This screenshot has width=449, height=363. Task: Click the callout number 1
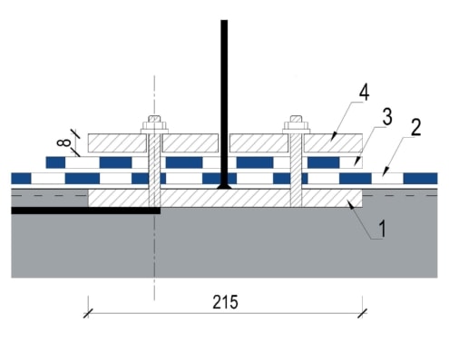pyautogui.click(x=383, y=229)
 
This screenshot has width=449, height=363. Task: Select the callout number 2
pyautogui.click(x=415, y=127)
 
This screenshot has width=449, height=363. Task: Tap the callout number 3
pyautogui.click(x=387, y=117)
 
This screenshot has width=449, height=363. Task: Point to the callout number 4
pyautogui.click(x=364, y=93)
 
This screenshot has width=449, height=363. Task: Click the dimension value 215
pyautogui.click(x=225, y=302)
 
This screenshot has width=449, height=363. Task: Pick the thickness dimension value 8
pyautogui.click(x=64, y=142)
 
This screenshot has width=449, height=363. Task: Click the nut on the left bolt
pyautogui.click(x=154, y=125)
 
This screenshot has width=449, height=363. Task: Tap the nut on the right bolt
pyautogui.click(x=297, y=125)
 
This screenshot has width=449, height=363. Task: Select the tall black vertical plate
pyautogui.click(x=224, y=103)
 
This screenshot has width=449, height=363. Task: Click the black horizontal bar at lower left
pyautogui.click(x=86, y=211)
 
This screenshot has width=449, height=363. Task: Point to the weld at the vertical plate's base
pyautogui.click(x=224, y=186)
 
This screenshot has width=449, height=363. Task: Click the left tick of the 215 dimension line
pyautogui.click(x=88, y=313)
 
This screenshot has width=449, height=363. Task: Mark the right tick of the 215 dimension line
pyautogui.click(x=363, y=313)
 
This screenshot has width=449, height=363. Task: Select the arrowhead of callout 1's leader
pyautogui.click(x=351, y=205)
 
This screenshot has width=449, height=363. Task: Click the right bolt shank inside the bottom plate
pyautogui.click(x=296, y=198)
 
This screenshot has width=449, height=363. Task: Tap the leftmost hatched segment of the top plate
pyautogui.click(x=117, y=142)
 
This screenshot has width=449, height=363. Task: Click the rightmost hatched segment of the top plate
pyautogui.click(x=334, y=142)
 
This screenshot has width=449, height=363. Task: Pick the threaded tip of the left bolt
pyautogui.click(x=154, y=119)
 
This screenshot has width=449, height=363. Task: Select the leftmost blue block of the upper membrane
pyautogui.click(x=55, y=162)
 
